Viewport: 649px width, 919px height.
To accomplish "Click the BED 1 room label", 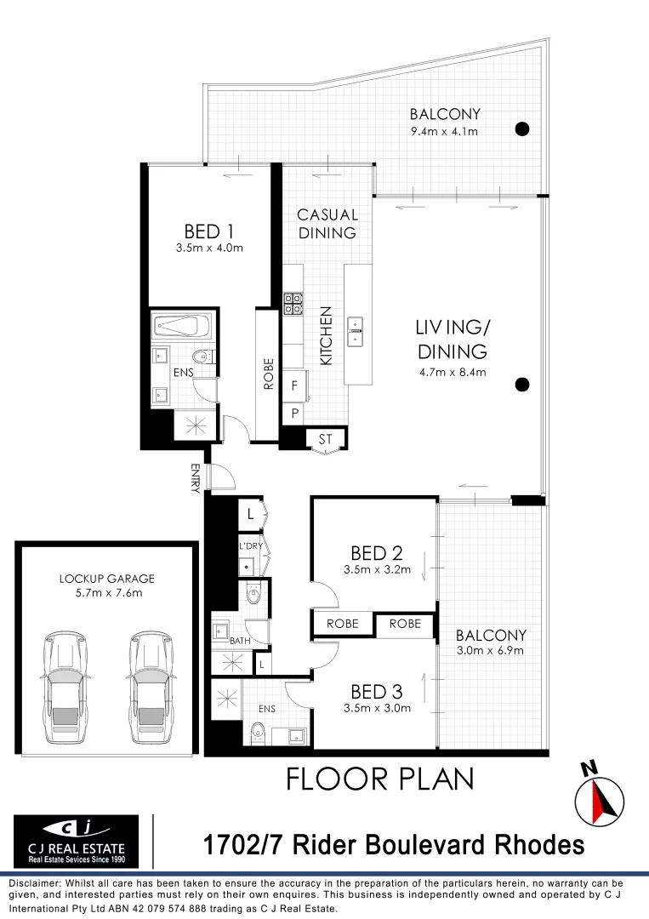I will pyautogui.click(x=209, y=231).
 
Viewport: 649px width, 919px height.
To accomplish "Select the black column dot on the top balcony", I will pyautogui.click(x=522, y=129).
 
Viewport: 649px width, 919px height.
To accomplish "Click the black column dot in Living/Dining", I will pyautogui.click(x=522, y=384).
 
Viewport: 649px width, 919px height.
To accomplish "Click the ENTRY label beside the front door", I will pyautogui.click(x=196, y=477).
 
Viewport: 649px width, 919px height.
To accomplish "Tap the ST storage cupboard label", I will pyautogui.click(x=325, y=439).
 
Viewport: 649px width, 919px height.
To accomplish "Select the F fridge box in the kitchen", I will pyautogui.click(x=293, y=385).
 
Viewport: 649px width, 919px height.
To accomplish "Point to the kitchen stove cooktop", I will pyautogui.click(x=293, y=304).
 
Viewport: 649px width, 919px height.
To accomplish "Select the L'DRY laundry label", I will pyautogui.click(x=250, y=546).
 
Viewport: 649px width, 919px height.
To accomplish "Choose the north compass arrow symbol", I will pyautogui.click(x=600, y=799).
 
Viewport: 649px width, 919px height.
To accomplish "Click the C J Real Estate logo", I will pyautogui.click(x=76, y=840).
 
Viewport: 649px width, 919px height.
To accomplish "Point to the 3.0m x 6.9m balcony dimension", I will pyautogui.click(x=490, y=651).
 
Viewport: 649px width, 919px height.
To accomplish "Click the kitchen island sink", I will pyautogui.click(x=355, y=330).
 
